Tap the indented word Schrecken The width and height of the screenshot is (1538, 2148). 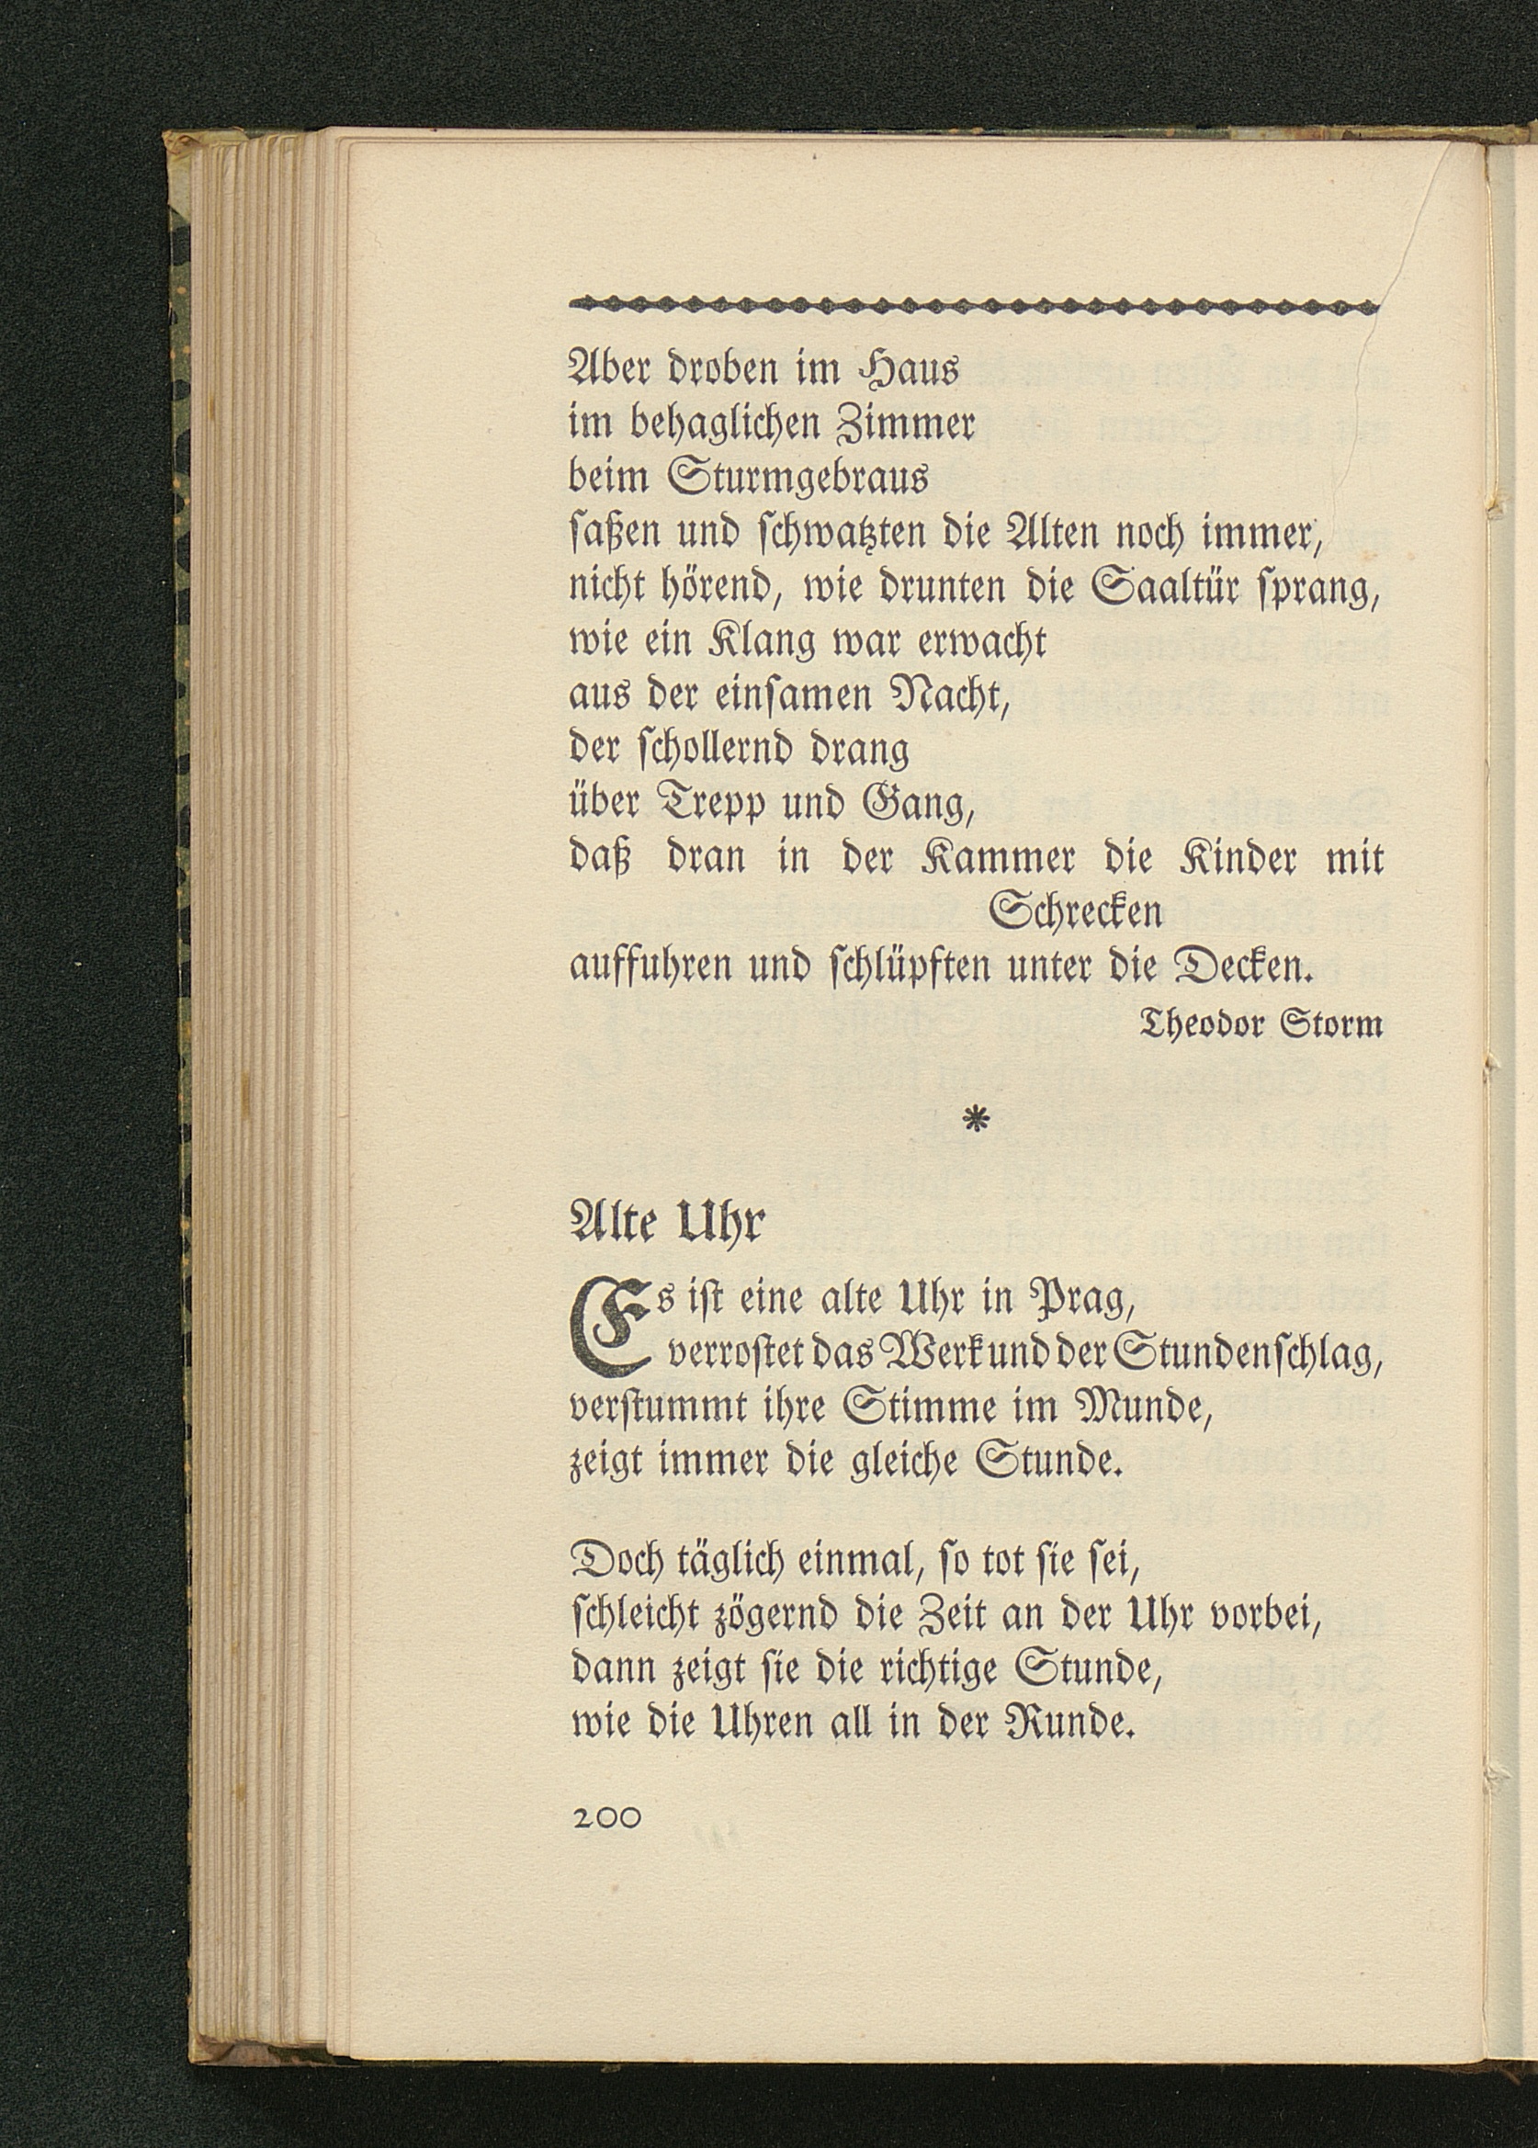tap(1075, 912)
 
